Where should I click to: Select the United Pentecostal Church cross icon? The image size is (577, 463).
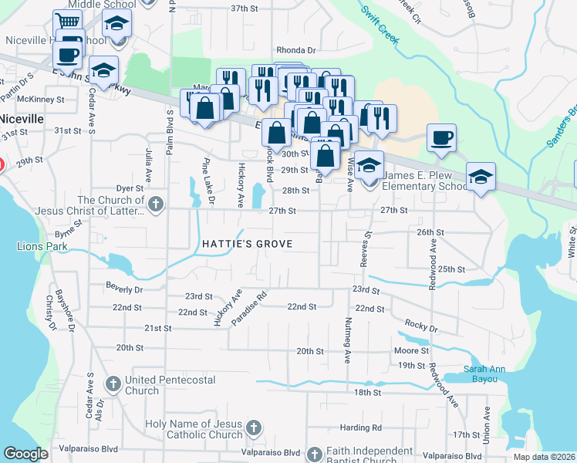point(113,384)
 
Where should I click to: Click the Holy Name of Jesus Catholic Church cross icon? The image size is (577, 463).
point(254,428)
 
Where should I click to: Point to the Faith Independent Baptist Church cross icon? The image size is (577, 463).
point(314,453)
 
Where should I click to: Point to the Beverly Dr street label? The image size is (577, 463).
point(125,289)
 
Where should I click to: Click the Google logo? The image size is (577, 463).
point(25,454)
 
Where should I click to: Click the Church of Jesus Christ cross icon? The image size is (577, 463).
point(155,205)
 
